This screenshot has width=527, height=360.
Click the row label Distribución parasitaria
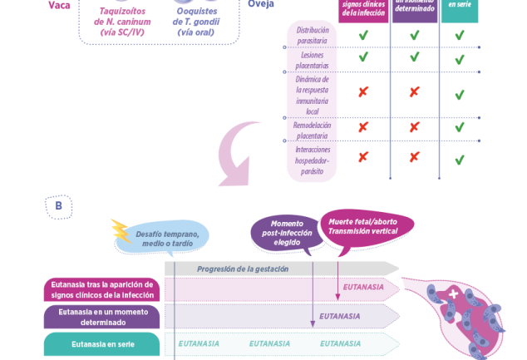313,35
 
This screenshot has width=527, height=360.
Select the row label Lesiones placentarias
313,60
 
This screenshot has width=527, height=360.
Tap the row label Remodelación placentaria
313,131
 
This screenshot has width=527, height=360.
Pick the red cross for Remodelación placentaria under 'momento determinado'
414,127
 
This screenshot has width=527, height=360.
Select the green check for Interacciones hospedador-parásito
460,159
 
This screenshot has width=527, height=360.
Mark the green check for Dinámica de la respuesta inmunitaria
460,94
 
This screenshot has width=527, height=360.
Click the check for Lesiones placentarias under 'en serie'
460,60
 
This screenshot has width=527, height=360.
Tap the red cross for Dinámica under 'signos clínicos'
363,91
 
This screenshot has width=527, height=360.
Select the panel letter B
59,205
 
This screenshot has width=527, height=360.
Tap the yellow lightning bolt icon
119,230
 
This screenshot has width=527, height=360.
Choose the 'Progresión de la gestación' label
243,269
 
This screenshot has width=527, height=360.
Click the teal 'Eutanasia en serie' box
101,343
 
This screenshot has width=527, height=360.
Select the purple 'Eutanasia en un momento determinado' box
101,316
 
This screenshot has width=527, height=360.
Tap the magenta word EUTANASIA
363,288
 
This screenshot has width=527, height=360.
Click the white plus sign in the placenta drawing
453,295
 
